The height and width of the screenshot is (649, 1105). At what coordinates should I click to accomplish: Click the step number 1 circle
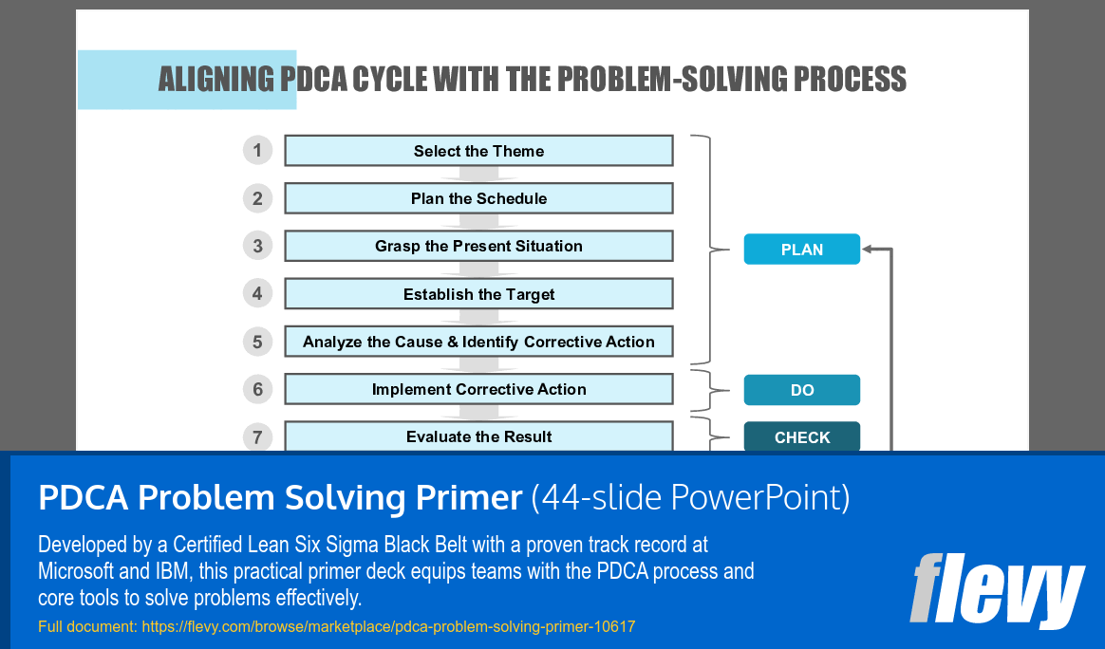coord(257,150)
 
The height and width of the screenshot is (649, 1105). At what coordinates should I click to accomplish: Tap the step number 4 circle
coord(257,293)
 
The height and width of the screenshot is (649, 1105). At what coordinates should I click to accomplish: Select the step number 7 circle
coord(257,436)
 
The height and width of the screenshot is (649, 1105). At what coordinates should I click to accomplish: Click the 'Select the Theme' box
coord(478,151)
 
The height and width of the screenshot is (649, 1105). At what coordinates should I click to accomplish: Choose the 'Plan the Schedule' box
coord(478,198)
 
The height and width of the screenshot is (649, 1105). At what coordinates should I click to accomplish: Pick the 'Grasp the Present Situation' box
coord(478,246)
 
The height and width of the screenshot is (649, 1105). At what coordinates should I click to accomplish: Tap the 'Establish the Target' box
coord(478,294)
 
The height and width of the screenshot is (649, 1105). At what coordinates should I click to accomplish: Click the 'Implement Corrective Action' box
coord(478,389)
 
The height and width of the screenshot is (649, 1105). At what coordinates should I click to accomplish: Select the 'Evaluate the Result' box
coord(478,436)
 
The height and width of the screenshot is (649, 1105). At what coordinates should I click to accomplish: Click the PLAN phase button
coord(801,250)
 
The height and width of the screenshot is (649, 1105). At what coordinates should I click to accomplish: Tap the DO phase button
coord(801,390)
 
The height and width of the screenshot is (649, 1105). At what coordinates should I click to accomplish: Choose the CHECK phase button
coord(801,437)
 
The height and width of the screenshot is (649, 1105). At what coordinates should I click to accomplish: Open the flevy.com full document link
coord(388,626)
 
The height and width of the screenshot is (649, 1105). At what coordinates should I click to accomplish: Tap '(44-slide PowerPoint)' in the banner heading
coord(690,497)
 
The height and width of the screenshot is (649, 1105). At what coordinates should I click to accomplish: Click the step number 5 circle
coord(257,341)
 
